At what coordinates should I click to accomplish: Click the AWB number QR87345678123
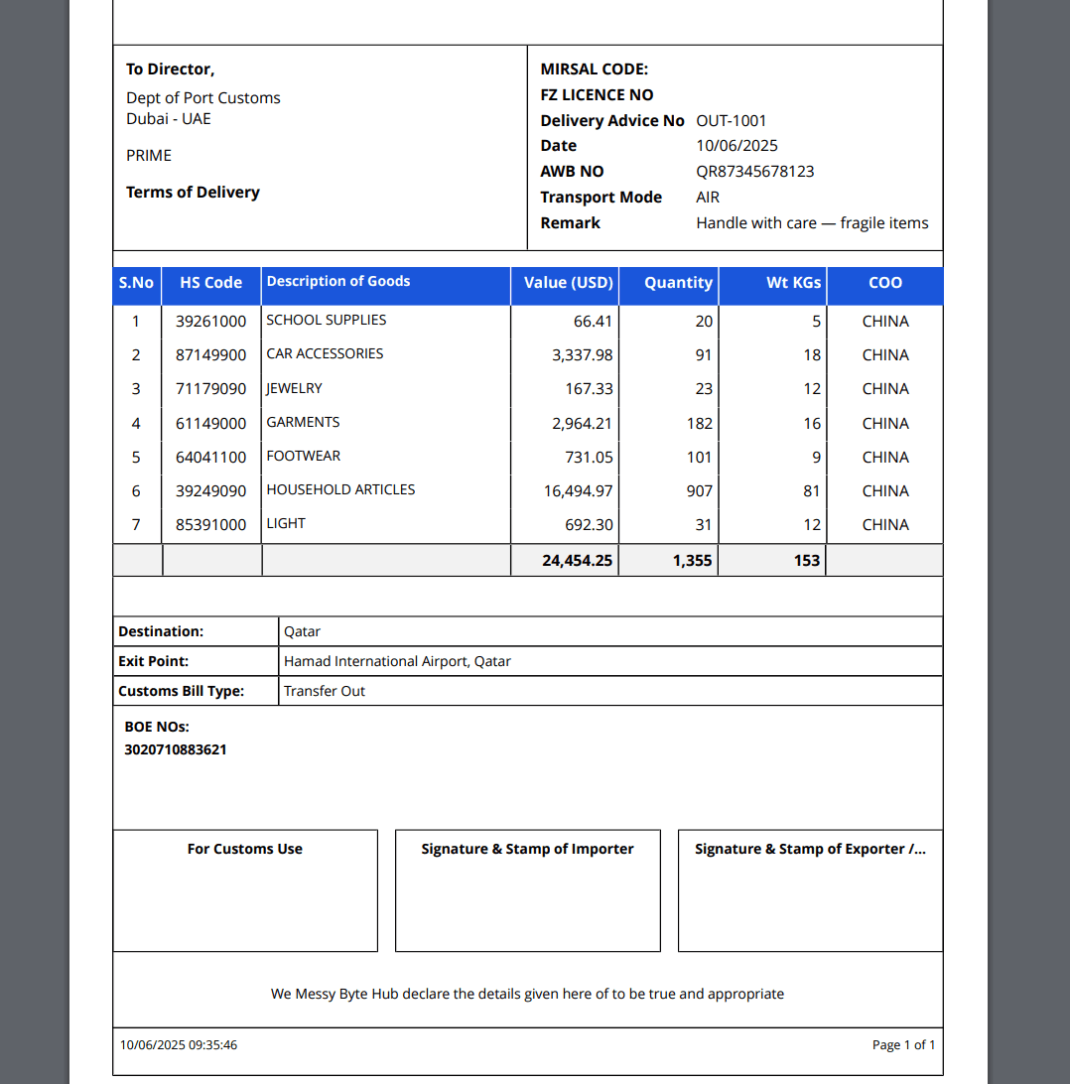pyautogui.click(x=754, y=172)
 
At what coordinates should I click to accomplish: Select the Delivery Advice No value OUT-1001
pyautogui.click(x=732, y=121)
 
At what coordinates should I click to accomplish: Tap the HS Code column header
pyautogui.click(x=210, y=283)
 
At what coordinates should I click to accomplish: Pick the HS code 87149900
pyautogui.click(x=210, y=355)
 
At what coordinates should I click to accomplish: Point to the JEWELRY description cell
pyautogui.click(x=294, y=388)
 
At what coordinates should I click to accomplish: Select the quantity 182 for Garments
pyautogui.click(x=699, y=424)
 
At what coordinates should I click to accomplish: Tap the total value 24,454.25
pyautogui.click(x=577, y=561)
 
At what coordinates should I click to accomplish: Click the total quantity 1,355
pyautogui.click(x=692, y=561)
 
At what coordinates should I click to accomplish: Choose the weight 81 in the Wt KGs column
pyautogui.click(x=812, y=491)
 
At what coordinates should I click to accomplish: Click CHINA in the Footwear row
pyautogui.click(x=885, y=458)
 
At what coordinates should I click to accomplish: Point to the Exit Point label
pyautogui.click(x=154, y=661)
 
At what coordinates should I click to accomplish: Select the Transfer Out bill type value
pyautogui.click(x=325, y=691)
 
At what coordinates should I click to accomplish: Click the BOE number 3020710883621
pyautogui.click(x=176, y=749)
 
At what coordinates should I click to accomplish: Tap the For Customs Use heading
pyautogui.click(x=245, y=849)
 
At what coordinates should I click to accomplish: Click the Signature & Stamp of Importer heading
pyautogui.click(x=527, y=849)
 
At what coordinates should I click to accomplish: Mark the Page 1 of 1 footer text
pyautogui.click(x=903, y=1045)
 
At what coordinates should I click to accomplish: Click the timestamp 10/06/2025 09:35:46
pyautogui.click(x=179, y=1045)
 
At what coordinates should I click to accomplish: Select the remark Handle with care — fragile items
pyautogui.click(x=812, y=223)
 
